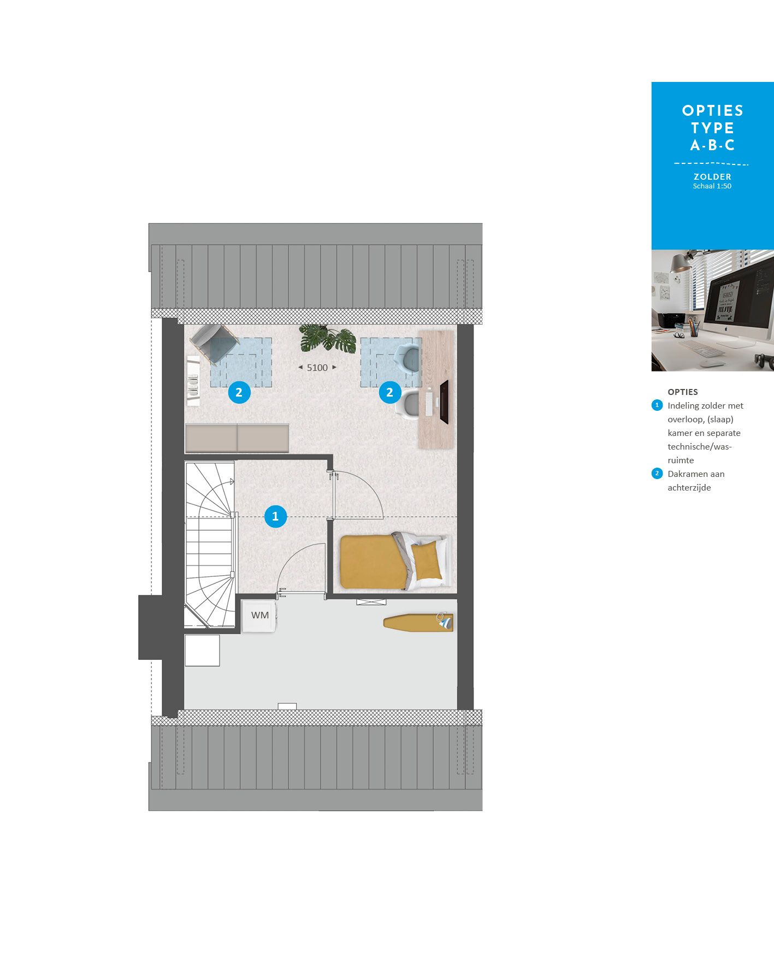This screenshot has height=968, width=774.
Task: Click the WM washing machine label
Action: (x=260, y=615)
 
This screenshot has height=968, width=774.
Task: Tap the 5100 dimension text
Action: (x=317, y=368)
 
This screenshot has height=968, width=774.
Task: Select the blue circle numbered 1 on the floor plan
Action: (x=275, y=516)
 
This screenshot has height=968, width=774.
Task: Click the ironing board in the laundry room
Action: (x=418, y=622)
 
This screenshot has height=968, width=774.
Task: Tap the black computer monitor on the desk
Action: (x=444, y=402)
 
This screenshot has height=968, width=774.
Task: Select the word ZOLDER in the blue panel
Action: (x=712, y=176)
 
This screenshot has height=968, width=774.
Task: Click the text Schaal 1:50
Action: (x=712, y=186)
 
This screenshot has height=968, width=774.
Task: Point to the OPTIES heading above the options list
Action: (x=683, y=392)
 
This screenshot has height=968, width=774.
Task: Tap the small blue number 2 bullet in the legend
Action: (x=657, y=474)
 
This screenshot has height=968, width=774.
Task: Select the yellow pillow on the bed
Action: (x=427, y=562)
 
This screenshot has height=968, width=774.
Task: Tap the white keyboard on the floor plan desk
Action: (x=429, y=402)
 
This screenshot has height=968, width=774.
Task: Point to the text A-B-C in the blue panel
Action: (x=713, y=145)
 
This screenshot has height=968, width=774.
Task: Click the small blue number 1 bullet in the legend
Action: (x=657, y=405)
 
